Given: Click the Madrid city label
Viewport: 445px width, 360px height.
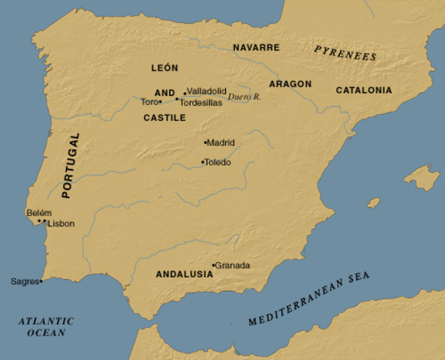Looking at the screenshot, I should click(222, 142).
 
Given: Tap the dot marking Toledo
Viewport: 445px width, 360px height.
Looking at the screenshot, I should click(202, 162).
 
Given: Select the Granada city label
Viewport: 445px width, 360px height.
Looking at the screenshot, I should click(233, 265).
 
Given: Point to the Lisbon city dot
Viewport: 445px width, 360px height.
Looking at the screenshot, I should click(45, 223).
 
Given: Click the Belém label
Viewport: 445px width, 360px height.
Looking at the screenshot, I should click(39, 213).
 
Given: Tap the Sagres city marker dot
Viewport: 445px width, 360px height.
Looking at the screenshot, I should click(41, 281).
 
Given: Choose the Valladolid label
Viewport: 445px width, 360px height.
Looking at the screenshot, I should click(206, 90).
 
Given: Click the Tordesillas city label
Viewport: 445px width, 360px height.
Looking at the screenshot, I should click(201, 103).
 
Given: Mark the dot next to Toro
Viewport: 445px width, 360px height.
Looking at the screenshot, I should click(161, 102).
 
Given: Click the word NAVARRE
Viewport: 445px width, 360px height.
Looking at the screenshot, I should click(256, 47).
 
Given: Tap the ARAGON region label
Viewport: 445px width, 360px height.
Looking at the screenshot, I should click(290, 84).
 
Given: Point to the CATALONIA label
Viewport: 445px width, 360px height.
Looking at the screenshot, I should click(363, 90).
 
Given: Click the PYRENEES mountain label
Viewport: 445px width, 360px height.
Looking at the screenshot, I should click(345, 52).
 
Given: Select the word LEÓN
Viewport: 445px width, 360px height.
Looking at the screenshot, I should click(164, 67).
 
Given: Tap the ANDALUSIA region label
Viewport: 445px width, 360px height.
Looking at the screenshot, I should click(184, 274).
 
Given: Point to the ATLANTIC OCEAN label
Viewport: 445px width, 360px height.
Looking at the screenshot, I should click(46, 326).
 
